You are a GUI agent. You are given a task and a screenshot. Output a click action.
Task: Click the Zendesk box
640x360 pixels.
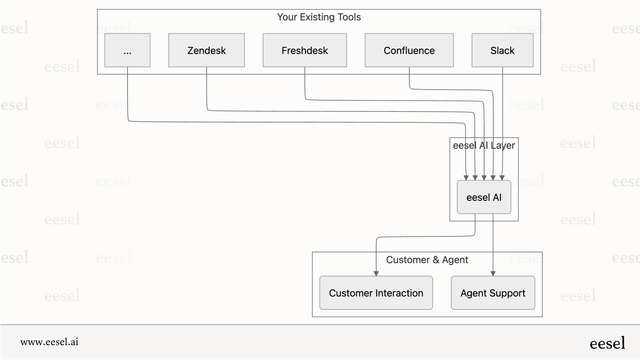click(x=206, y=50)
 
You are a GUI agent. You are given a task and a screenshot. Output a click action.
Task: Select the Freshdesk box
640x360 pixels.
click(x=304, y=50)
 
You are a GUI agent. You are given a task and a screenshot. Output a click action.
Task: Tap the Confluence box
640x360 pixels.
click(x=409, y=50)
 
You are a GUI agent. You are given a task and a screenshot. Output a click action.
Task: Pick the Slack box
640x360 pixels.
click(x=502, y=50)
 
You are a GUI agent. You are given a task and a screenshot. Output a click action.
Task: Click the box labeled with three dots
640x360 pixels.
click(x=127, y=50)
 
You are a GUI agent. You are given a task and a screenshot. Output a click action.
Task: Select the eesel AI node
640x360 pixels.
click(x=484, y=197)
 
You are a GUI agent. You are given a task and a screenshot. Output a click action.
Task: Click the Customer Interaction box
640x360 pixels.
click(x=376, y=293)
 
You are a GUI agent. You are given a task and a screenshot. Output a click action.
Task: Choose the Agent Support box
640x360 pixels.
click(x=493, y=293)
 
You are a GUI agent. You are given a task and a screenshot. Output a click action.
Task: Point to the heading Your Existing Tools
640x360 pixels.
click(x=319, y=17)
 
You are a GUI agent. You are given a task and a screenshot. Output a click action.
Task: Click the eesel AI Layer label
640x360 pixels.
click(x=484, y=146)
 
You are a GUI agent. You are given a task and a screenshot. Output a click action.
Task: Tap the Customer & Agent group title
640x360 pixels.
click(x=427, y=260)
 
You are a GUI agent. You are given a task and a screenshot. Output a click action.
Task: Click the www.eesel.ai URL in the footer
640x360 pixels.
click(x=50, y=342)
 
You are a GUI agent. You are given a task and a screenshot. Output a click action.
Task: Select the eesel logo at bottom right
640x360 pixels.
click(x=607, y=343)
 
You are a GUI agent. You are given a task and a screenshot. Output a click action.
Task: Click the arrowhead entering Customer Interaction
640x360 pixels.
click(x=376, y=274)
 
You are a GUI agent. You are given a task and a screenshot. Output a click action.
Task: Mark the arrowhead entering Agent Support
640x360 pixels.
click(x=493, y=274)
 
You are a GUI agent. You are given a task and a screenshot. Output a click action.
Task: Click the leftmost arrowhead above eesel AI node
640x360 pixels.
click(x=466, y=178)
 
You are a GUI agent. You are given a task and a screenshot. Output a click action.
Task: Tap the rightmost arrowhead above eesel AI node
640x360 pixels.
click(x=502, y=178)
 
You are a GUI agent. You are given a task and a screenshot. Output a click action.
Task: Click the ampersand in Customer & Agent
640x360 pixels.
click(x=436, y=260)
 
